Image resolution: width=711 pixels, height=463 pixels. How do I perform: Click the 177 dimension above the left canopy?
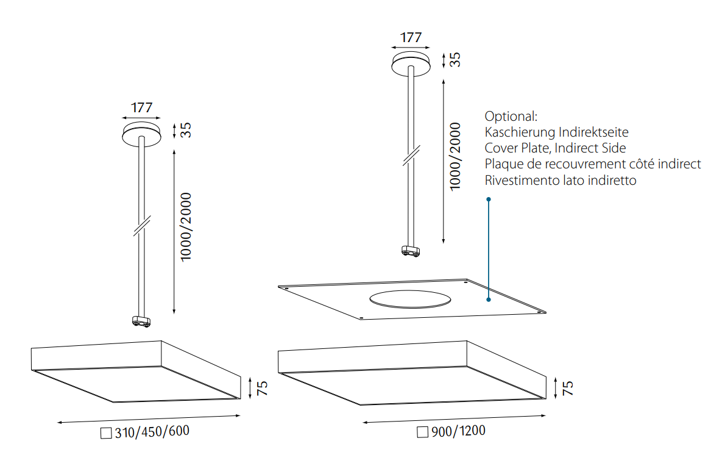[x=141, y=107]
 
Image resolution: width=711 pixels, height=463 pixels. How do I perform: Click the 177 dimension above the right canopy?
[x=411, y=37]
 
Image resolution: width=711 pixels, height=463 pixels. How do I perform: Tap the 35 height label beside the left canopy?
[x=186, y=131]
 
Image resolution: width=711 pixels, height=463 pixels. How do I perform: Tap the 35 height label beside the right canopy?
[x=455, y=60]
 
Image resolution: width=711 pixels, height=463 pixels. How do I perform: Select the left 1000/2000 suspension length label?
[x=186, y=227]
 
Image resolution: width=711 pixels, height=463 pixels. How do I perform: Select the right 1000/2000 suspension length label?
[x=455, y=156]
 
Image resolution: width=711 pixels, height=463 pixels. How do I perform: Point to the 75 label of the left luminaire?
[x=262, y=388]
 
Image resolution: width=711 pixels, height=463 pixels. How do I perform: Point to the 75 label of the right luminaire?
[x=568, y=388]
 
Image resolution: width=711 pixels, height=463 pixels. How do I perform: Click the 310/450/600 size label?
[x=152, y=431]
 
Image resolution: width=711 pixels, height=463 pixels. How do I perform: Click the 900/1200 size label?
[x=458, y=431]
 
